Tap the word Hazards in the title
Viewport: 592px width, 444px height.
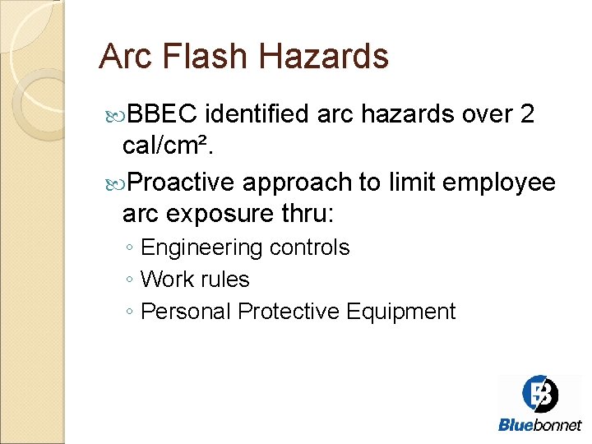(323, 57)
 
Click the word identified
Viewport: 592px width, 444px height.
(257, 114)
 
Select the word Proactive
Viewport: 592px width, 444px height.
(182, 182)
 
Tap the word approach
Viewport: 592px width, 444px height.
(302, 182)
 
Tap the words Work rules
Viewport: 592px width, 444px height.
(195, 280)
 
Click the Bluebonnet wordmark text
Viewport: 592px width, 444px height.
(539, 425)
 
